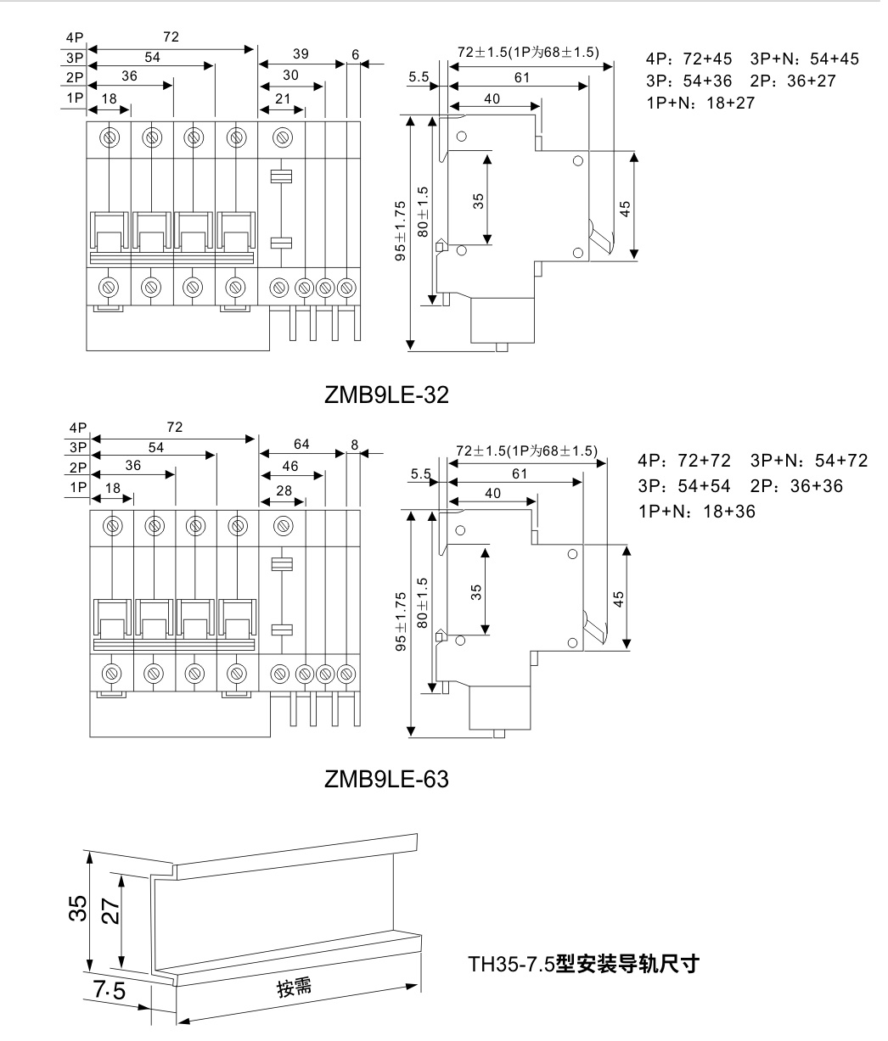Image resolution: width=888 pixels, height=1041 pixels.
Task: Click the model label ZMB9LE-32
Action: [x=385, y=395]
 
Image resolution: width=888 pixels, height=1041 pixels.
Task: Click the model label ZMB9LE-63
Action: [x=385, y=778]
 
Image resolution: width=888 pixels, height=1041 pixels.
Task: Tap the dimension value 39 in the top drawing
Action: [x=301, y=54]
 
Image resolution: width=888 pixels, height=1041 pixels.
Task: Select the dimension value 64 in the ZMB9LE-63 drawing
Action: [x=301, y=444]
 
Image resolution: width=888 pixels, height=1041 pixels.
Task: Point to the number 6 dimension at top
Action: [x=355, y=54]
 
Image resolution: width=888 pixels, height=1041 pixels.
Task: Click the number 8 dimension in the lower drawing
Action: [x=355, y=444]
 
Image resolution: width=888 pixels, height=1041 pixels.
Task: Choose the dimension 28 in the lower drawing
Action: [x=284, y=491]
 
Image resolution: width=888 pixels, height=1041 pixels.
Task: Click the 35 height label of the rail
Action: [x=77, y=909]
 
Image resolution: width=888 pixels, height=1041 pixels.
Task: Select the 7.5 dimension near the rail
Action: [x=110, y=989]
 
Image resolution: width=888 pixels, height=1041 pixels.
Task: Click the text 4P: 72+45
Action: [x=688, y=59]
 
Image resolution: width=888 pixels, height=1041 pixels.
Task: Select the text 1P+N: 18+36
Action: [x=696, y=511]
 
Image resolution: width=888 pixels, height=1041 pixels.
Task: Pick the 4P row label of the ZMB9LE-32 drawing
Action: [x=75, y=37]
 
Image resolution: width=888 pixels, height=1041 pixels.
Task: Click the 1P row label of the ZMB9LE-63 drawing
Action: [x=79, y=487]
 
